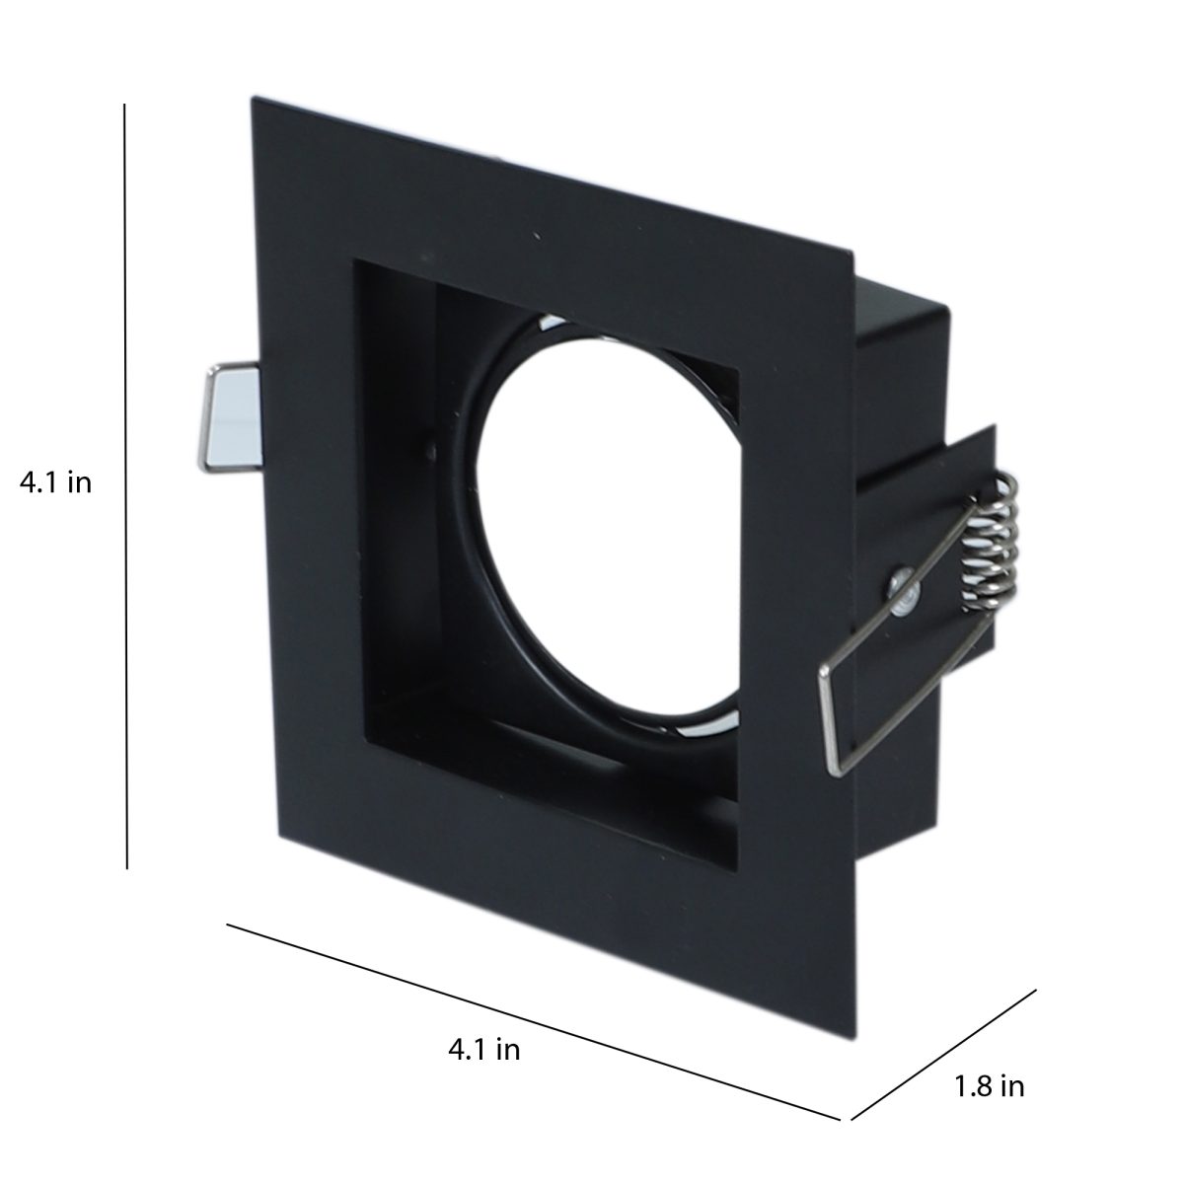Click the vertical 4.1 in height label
click(x=55, y=482)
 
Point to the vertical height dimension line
click(x=126, y=486)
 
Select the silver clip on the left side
click(x=231, y=417)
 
